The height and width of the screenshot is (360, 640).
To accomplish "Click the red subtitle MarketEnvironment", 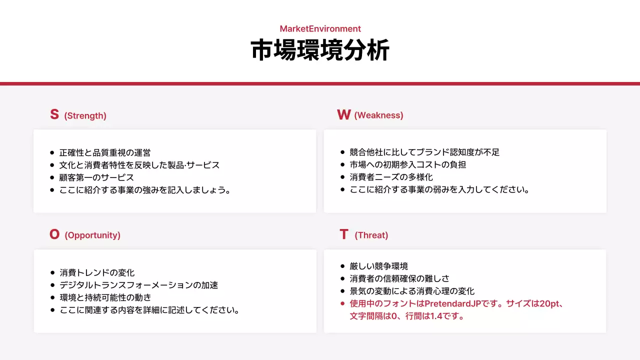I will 320,29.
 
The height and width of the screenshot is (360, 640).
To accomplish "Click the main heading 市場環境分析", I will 320,50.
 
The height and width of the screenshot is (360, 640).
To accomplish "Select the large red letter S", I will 54,114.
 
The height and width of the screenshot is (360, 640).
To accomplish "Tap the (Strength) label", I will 85,116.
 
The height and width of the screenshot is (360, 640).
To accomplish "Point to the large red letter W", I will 343,115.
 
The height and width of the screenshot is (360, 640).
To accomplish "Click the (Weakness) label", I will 378,115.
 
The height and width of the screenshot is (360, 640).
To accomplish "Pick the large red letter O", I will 54,234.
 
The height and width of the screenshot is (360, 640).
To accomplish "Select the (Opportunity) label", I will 92,235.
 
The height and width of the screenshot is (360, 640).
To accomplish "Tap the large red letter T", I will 343,234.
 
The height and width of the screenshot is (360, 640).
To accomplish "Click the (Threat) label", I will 371,235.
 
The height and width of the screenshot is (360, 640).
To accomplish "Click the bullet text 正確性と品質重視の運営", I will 105,152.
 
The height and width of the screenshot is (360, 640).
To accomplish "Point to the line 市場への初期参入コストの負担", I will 408,164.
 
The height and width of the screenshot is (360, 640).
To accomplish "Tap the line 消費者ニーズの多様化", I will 391,177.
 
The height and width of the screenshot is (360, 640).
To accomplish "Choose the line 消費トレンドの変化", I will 97,273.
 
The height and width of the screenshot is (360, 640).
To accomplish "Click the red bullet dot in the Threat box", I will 342,303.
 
